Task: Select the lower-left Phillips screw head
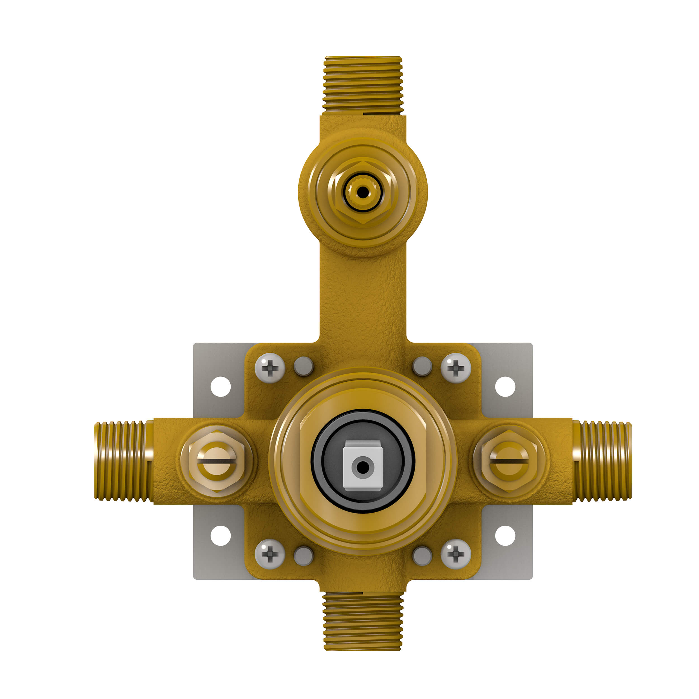pyautogui.click(x=270, y=554)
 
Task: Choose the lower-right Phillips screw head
pyautogui.click(x=456, y=554)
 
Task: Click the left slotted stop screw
pyautogui.click(x=217, y=461)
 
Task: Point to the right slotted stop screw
pyautogui.click(x=509, y=461)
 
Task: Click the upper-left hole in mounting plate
pyautogui.click(x=221, y=387)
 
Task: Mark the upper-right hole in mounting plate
pyautogui.click(x=505, y=387)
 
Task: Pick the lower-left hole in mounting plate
pyautogui.click(x=221, y=536)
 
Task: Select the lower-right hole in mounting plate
pyautogui.click(x=505, y=536)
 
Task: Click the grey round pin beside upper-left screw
pyautogui.click(x=304, y=367)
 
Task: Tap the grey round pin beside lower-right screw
pyautogui.click(x=422, y=556)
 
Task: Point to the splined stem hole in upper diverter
pyautogui.click(x=363, y=192)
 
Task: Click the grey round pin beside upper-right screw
pyautogui.click(x=422, y=367)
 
